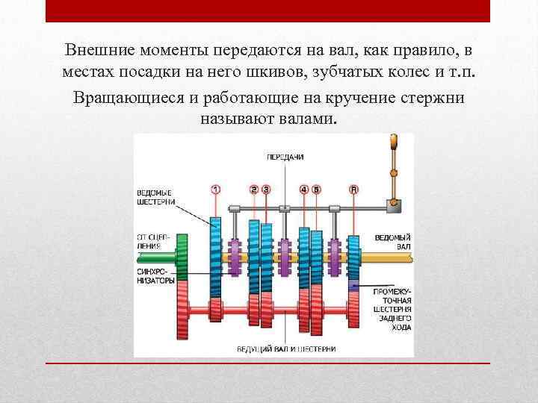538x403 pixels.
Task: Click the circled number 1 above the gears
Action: [216, 190]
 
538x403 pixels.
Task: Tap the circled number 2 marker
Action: [254, 190]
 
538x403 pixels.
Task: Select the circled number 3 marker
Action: [266, 190]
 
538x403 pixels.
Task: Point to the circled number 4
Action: [304, 190]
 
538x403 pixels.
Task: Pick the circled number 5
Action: [316, 190]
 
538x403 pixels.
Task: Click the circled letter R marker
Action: [353, 190]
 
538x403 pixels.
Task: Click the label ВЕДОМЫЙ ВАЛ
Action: [392, 241]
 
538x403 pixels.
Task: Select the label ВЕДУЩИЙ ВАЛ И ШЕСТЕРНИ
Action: [286, 349]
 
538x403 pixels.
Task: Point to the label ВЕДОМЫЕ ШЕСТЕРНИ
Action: [157, 196]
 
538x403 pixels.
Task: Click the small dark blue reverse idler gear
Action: [353, 287]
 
